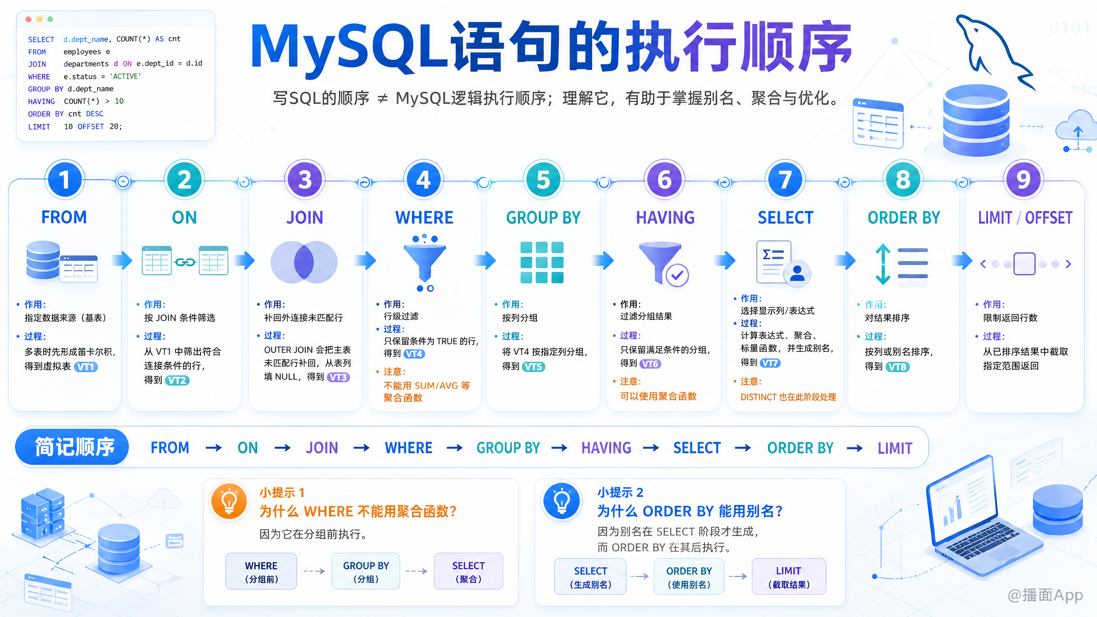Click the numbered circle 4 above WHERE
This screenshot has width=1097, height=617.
pyautogui.click(x=424, y=179)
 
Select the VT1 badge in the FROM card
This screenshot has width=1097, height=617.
pyautogui.click(x=86, y=366)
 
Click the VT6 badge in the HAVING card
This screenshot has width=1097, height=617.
pyautogui.click(x=650, y=364)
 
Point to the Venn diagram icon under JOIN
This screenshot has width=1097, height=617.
pyautogui.click(x=304, y=262)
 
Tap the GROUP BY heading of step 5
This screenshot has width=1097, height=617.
pyautogui.click(x=543, y=218)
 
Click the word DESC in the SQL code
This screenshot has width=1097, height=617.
pyautogui.click(x=95, y=114)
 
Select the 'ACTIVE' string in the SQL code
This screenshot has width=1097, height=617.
pyautogui.click(x=125, y=76)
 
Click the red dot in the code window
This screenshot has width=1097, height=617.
pyautogui.click(x=29, y=19)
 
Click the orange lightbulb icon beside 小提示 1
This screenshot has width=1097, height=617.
pyautogui.click(x=229, y=501)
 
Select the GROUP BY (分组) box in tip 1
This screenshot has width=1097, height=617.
pyautogui.click(x=366, y=571)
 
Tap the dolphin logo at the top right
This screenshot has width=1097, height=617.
pyautogui.click(x=994, y=51)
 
